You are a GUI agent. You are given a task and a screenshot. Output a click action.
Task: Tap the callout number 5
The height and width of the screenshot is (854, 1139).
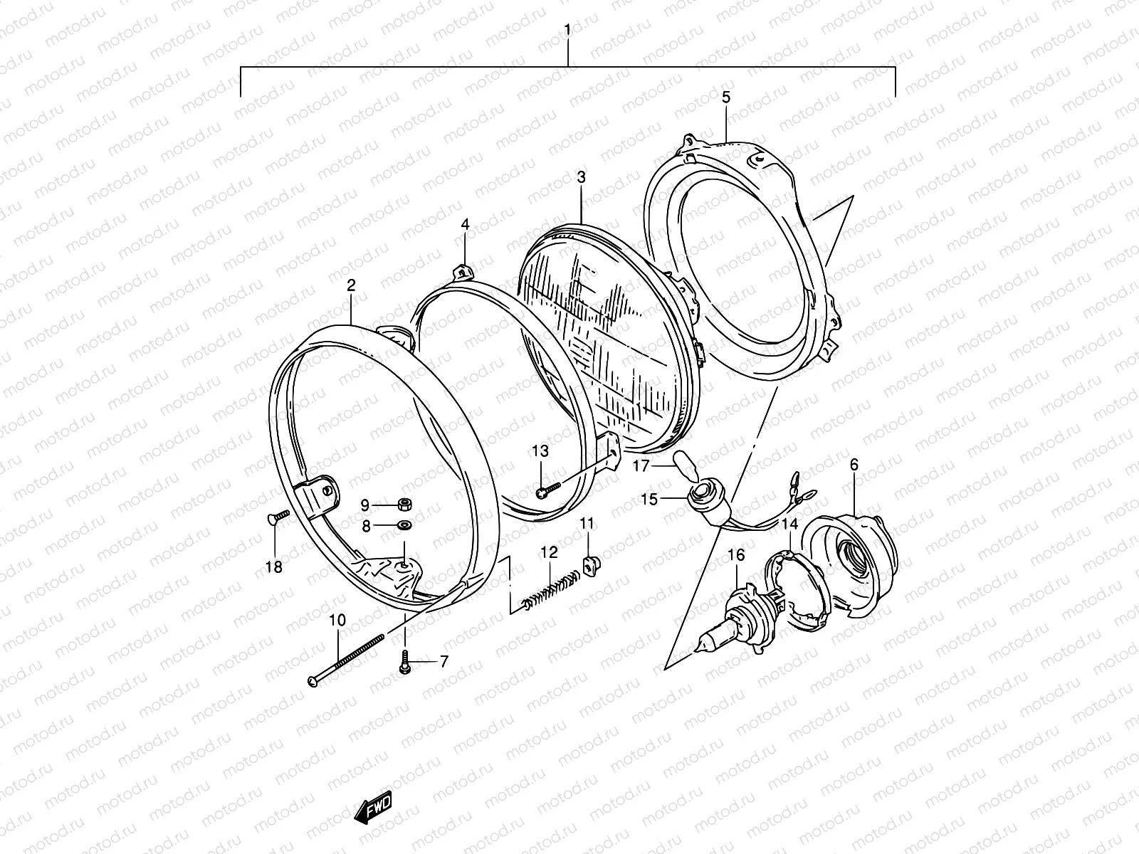click(725, 97)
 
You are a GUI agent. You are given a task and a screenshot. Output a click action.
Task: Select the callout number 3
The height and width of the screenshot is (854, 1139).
click(582, 176)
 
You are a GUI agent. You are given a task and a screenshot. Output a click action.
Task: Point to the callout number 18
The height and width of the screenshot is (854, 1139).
click(274, 567)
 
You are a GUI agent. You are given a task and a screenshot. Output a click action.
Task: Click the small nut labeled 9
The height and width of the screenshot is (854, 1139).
click(403, 505)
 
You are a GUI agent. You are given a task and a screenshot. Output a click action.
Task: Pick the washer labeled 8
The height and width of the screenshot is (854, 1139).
click(404, 527)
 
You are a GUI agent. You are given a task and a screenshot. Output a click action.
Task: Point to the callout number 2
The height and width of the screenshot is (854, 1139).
click(351, 285)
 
